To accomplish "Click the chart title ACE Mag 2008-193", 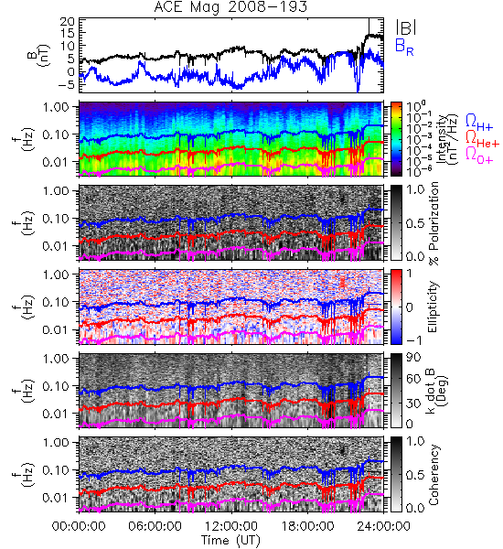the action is coord(230,7).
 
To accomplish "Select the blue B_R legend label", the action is coord(404,47).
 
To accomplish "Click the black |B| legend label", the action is coord(406,27).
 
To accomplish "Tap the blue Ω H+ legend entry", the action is coord(479,123).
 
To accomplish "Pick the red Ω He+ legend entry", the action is coord(482,139).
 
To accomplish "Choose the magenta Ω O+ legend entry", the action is coord(479,156).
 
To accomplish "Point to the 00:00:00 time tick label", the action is coord(79,526).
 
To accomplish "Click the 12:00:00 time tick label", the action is coord(231,526).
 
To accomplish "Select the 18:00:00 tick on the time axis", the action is coord(307,526).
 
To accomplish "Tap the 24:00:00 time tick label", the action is coord(383,526).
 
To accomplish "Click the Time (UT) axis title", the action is coord(230,540).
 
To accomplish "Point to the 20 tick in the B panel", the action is coord(67,22).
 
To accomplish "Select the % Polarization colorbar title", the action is coord(434,223).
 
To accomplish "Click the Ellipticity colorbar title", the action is coord(433,307).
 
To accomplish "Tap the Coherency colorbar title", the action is coord(433,474).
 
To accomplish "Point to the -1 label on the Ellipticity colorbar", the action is coord(413,340).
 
